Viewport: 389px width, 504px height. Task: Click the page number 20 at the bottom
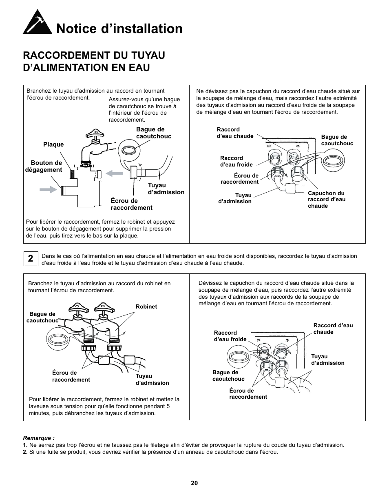click(x=194, y=483)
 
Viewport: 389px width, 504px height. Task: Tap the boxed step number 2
click(x=31, y=258)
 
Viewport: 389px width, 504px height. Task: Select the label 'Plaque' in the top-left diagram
click(x=53, y=144)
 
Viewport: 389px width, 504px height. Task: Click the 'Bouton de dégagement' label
click(x=44, y=167)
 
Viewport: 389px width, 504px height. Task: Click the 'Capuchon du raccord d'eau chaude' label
click(x=326, y=200)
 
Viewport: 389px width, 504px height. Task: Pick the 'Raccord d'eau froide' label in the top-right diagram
click(x=236, y=161)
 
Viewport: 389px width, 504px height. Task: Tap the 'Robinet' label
click(x=146, y=307)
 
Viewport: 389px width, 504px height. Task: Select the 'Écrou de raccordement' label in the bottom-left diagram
click(x=71, y=376)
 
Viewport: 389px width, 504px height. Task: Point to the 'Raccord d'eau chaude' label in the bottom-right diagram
click(x=333, y=329)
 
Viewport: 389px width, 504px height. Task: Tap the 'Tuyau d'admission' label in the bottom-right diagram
click(x=327, y=360)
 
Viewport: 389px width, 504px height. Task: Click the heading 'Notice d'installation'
click(x=119, y=29)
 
